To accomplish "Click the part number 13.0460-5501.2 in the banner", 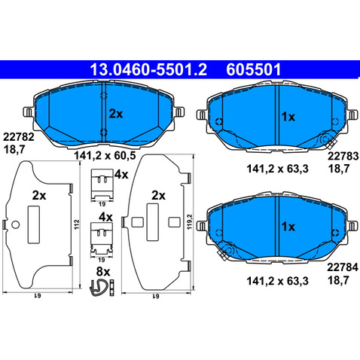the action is click(148, 69).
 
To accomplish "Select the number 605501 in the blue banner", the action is click(254, 69).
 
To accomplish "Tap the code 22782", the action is click(19, 137).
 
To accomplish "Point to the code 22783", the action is click(343, 156).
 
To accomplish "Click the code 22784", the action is click(343, 267).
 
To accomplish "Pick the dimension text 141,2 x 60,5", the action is click(105, 156).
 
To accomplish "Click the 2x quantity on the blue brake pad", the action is click(116, 114).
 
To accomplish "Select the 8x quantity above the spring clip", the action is click(103, 272).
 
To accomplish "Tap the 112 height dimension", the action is click(77, 224).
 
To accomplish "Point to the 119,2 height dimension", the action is click(190, 221).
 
